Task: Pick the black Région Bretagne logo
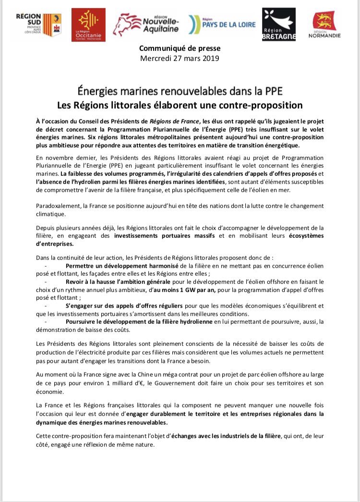[x=278, y=24]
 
